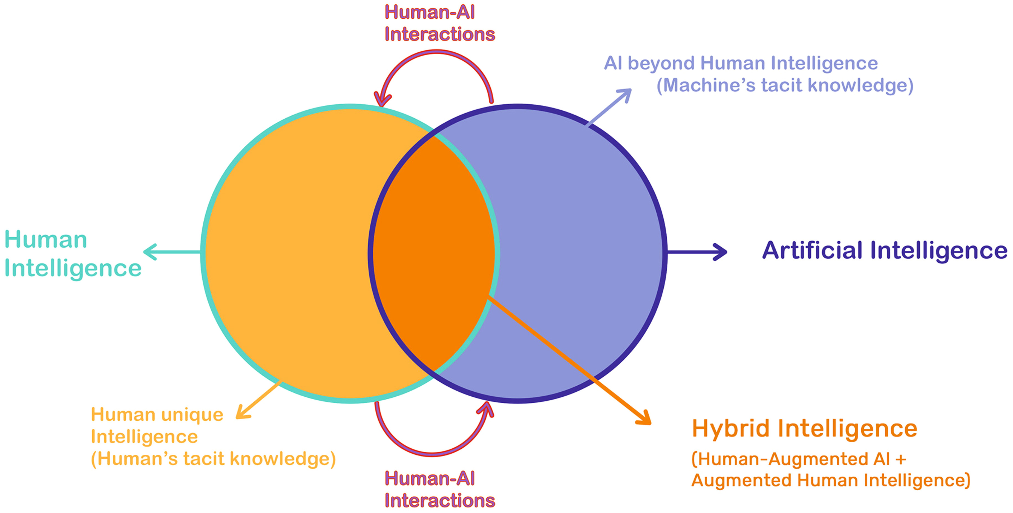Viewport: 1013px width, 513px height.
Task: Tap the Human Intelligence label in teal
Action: [73, 254]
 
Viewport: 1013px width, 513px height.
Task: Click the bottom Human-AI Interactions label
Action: [439, 489]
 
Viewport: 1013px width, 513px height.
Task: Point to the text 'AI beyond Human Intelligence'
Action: [741, 63]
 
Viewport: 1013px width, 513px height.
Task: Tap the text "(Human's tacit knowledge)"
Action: [213, 459]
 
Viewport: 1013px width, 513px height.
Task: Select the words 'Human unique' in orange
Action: [157, 415]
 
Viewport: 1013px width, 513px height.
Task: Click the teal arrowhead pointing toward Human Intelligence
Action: [150, 252]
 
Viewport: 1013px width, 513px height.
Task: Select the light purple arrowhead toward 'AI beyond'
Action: [625, 94]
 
